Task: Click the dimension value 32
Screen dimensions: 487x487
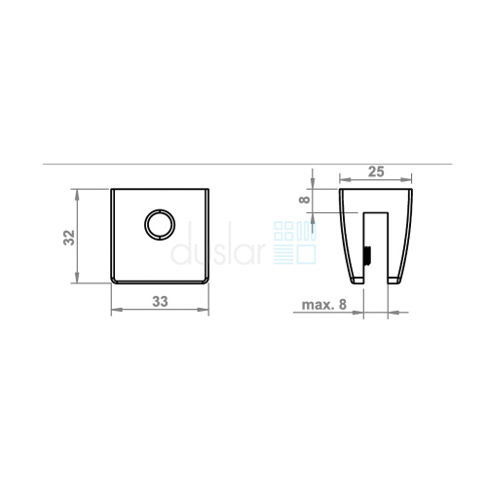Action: click(69, 238)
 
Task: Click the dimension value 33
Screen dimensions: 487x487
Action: click(160, 302)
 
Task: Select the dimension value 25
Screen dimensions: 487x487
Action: click(376, 171)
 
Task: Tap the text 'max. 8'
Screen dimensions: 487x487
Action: click(324, 305)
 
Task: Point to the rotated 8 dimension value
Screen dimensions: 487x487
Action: click(305, 199)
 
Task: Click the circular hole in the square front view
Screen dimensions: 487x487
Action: click(160, 225)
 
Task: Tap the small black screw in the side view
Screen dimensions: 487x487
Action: click(368, 256)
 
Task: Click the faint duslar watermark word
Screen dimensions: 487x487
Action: click(218, 243)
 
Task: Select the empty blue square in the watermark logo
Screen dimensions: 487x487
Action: click(307, 254)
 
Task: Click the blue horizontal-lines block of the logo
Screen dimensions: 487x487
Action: click(283, 254)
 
